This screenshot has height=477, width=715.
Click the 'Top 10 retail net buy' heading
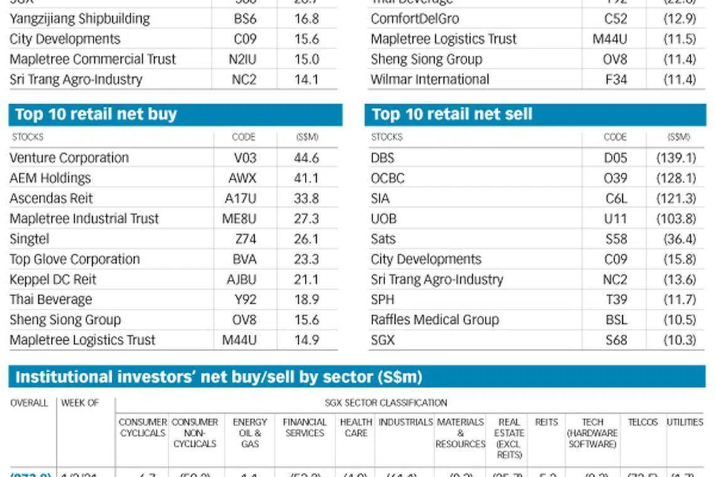96,114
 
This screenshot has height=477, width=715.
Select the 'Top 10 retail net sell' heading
452,114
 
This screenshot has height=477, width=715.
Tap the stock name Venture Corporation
69,158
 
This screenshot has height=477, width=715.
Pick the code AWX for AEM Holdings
242,178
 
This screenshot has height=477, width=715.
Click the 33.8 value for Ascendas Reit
306,198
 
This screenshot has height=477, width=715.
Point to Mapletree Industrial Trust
84,218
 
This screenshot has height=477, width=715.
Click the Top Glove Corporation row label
75,259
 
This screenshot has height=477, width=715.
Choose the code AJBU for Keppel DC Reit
241,279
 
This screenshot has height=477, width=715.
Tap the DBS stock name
383,158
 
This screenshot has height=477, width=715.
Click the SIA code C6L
616,198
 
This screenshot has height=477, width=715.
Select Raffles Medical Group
435,319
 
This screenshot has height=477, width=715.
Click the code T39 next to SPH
616,299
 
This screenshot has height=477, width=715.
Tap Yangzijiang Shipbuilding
80,18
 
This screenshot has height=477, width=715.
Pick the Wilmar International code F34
616,79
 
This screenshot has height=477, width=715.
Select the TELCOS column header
643,422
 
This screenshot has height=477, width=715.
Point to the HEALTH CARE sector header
356,427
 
